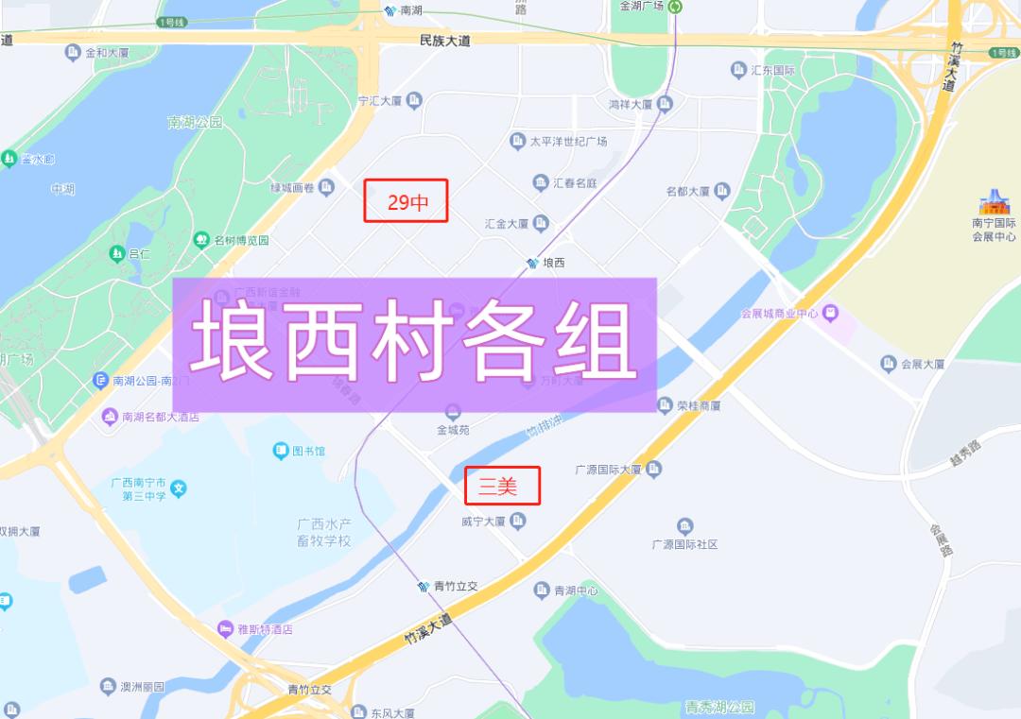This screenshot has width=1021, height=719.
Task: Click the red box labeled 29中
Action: pos(406,201)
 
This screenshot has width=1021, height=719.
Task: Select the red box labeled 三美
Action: pos(502,487)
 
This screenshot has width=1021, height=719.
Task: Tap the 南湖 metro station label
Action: pos(411,10)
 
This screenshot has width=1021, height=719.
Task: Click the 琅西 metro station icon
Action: pos(533,263)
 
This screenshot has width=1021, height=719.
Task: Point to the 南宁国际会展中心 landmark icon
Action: pos(995,202)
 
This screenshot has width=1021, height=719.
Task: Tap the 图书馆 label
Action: pos(308,451)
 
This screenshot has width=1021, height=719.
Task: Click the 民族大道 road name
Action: pos(444,41)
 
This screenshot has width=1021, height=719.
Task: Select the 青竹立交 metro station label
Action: pos(456,586)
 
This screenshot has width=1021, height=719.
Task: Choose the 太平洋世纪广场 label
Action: pos(567,142)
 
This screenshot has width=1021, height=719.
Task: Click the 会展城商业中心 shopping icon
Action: pos(830,312)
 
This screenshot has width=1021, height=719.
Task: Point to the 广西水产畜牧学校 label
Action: pos(324,532)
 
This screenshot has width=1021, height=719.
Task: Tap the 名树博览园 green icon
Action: pos(201,240)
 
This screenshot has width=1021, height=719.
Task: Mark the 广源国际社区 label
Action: pos(685,544)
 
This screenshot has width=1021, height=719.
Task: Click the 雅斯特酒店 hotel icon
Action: pos(225,629)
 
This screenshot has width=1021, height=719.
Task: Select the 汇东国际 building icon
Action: pos(738,70)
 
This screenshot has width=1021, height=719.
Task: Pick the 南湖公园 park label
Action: pos(195,123)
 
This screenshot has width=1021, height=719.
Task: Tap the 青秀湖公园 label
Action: pos(720,707)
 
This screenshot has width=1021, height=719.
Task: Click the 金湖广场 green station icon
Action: pos(676,7)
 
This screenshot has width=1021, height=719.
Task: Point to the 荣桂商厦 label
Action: pos(699,405)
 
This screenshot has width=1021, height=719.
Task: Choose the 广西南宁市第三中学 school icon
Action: pos(179,488)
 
